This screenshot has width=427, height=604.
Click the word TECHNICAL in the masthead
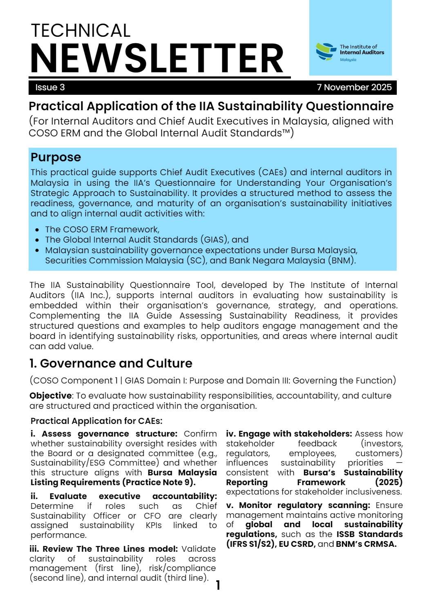80,31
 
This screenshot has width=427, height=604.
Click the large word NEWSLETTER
157,58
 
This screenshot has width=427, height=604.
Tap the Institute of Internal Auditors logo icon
326,52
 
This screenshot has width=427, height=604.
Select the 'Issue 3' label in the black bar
50,87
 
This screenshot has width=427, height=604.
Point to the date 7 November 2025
354,87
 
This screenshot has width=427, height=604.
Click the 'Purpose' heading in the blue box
56,157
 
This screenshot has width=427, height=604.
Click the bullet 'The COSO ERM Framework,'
102,230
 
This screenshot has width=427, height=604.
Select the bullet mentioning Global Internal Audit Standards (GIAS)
146,240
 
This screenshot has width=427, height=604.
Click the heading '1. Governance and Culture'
111,363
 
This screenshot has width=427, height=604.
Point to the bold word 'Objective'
50,396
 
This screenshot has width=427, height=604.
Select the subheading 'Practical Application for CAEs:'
96,421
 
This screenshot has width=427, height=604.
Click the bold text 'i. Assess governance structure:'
104,434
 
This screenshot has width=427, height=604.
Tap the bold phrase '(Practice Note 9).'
159,482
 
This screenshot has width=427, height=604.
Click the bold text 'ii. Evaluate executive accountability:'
123,496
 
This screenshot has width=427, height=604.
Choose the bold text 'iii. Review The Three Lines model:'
104,549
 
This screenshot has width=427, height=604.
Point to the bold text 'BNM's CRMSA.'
366,544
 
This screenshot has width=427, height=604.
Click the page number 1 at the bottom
218,585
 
